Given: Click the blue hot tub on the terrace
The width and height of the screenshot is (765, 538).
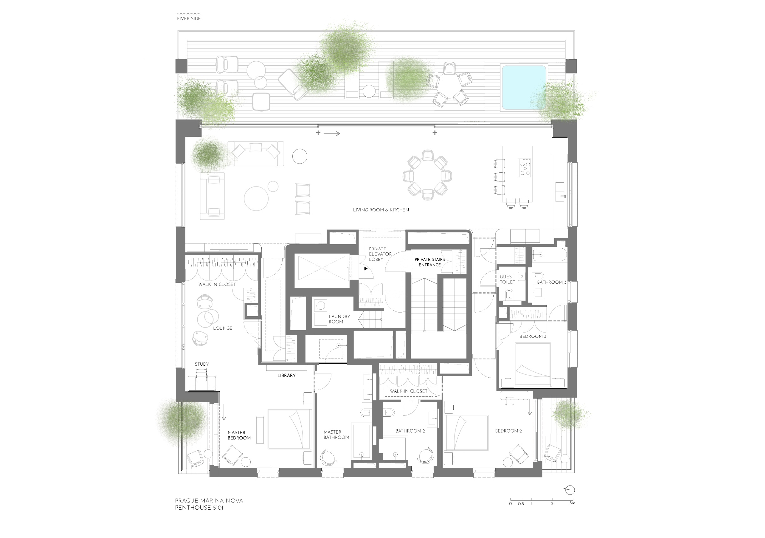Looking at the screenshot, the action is tap(524, 87).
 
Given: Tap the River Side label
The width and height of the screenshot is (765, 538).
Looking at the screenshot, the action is tap(189, 19).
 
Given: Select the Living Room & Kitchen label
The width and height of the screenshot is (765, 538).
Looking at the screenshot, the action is tap(381, 210).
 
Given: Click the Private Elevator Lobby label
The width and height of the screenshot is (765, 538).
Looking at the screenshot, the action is tap(380, 254).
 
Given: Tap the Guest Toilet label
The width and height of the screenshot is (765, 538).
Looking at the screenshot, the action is tap(507, 279).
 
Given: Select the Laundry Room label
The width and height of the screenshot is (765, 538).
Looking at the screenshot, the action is tap(339, 319).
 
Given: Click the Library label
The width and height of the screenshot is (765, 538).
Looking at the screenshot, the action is tap(287, 375).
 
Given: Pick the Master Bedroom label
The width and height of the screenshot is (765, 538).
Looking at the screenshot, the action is tap(239, 435).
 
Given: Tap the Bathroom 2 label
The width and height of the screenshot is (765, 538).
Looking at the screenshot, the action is tap(410, 431).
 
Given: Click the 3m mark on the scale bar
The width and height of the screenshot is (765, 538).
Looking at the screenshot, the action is tap(572, 503).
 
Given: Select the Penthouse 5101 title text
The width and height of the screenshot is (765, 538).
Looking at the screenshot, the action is tap(199, 508).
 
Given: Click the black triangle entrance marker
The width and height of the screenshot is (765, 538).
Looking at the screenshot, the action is tap(366, 268).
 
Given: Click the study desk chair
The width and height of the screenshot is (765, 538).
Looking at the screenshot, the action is tap(202, 376).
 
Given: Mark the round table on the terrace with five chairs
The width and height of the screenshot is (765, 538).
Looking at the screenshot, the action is tap(449, 86).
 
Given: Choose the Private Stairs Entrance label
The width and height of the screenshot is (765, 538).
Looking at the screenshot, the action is tap(430, 262).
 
